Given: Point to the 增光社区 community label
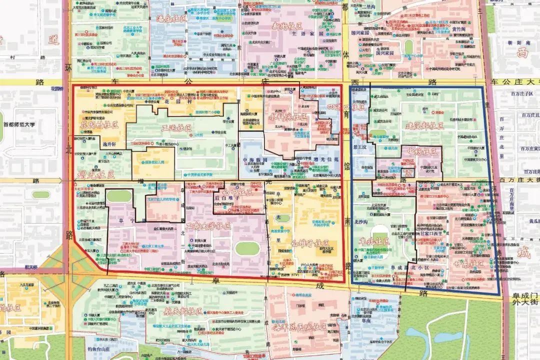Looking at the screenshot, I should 96,174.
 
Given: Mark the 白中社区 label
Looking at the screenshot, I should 235,192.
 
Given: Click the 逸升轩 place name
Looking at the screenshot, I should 109,143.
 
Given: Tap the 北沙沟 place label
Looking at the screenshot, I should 360,221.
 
